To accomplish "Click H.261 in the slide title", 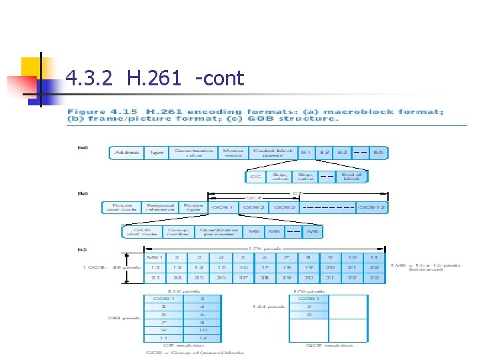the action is click(x=150, y=79).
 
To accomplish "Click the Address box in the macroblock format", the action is click(x=127, y=153).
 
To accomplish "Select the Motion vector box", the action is click(x=233, y=153).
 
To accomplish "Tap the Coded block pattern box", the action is click(x=273, y=153).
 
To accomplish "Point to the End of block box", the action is click(x=351, y=177).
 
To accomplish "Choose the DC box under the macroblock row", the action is click(x=255, y=177).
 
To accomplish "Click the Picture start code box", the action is click(x=121, y=207).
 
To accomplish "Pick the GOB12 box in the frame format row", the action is click(x=371, y=207).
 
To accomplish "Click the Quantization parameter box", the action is click(x=218, y=232).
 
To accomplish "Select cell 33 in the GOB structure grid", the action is click(x=155, y=278).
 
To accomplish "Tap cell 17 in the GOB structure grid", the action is click(x=265, y=267).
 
